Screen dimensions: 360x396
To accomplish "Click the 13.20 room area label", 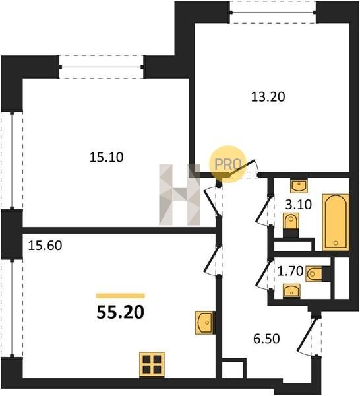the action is coord(268,97).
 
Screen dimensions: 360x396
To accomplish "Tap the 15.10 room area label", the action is coord(106,157).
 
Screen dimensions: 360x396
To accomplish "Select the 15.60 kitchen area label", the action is coord(45,246).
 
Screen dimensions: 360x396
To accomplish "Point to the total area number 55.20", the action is coord(121,312).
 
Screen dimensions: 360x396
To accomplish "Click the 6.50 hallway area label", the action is coord(266,339).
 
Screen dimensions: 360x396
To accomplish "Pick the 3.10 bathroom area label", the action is coord(299,205).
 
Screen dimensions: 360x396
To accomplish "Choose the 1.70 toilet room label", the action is coord(290,271).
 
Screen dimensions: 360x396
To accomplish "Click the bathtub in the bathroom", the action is coord(336,222).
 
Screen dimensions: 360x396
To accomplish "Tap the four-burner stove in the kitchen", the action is coord(152,365).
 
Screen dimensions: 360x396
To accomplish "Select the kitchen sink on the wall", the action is coord(205,323).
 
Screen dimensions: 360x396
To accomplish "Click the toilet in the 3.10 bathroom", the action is coord(291,224).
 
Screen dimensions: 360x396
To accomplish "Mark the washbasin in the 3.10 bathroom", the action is coord(299,186).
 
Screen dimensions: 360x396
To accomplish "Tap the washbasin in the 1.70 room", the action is coord(291,291).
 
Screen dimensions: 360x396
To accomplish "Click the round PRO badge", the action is coord(227,164).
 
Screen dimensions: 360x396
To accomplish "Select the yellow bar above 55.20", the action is coord(121,296).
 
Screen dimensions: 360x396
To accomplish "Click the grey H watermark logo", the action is coord(179,195).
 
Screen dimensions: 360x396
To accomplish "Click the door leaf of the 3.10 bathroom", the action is coord(263,209).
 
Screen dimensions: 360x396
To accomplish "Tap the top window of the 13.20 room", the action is coord(273,12).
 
